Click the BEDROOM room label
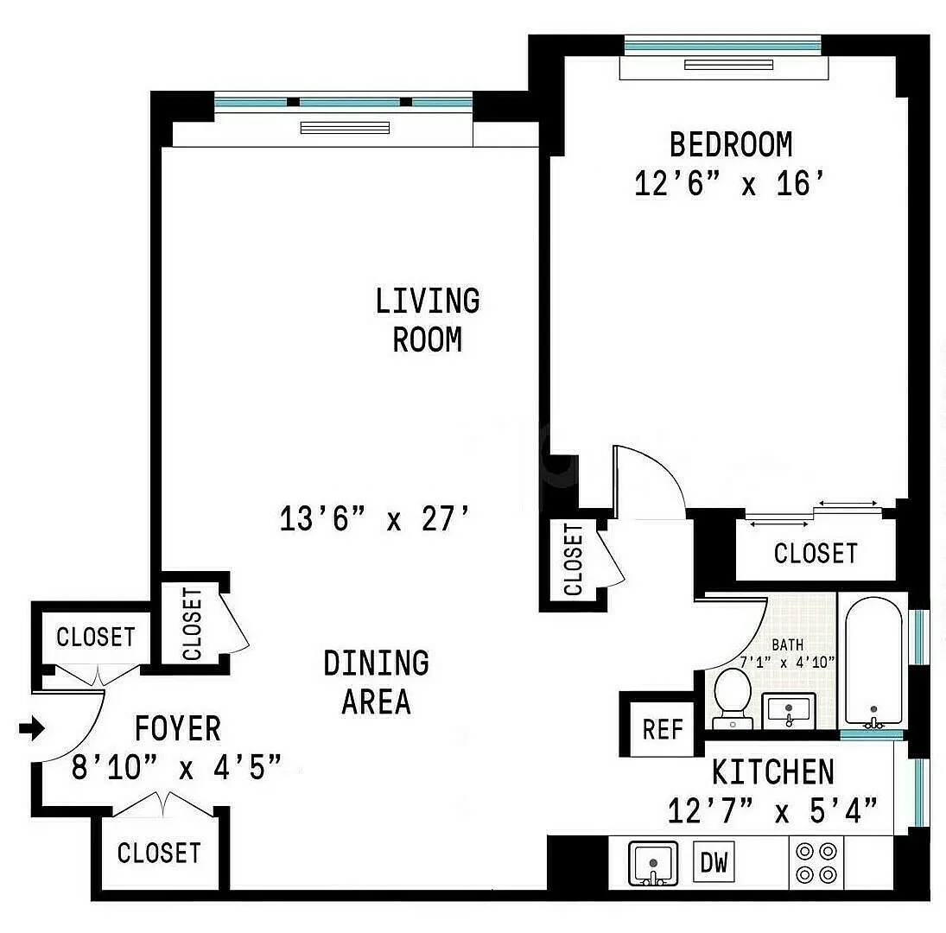(x=731, y=145)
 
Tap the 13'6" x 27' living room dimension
(x=374, y=518)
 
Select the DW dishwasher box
(x=714, y=862)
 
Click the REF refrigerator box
(x=663, y=729)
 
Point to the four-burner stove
(x=816, y=862)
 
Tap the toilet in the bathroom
(x=733, y=697)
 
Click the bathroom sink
(x=789, y=710)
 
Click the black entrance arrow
(x=32, y=728)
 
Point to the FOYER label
(x=177, y=728)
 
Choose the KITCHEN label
(x=773, y=772)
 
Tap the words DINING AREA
(x=377, y=682)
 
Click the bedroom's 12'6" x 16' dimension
(x=729, y=183)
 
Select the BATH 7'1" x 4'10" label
(x=787, y=654)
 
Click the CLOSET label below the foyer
(x=159, y=853)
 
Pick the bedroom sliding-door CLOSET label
(x=815, y=553)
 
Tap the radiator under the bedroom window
(x=728, y=65)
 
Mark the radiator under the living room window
(x=345, y=128)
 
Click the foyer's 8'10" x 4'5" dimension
(x=176, y=768)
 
